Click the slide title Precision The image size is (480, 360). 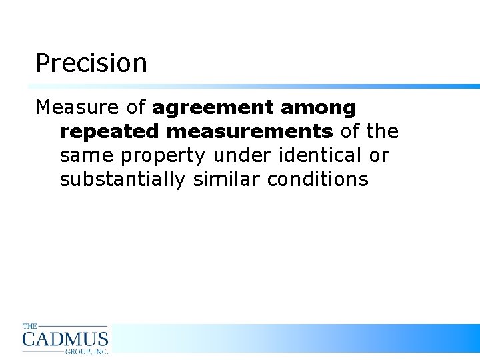pos(91,64)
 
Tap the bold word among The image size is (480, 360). pos(319,108)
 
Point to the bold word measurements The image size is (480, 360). pos(249,131)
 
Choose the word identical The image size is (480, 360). pos(318,155)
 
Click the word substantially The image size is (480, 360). pos(122,180)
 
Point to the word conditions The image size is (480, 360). pos(317,179)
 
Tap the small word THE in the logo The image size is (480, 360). pos(30,326)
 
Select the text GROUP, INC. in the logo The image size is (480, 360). pos(86,351)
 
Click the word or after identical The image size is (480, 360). pos(379,155)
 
